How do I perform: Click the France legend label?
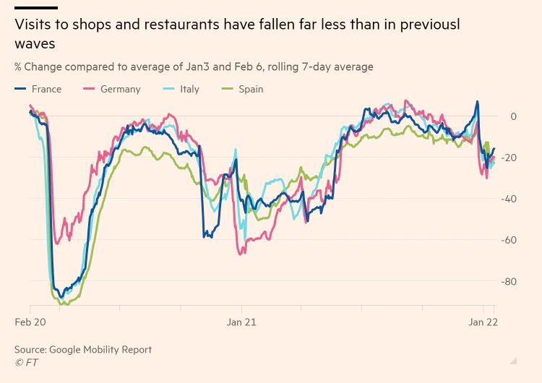(46, 90)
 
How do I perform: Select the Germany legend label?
(120, 90)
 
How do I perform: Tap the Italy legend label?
(189, 90)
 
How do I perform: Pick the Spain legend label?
(251, 90)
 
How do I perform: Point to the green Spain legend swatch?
(227, 90)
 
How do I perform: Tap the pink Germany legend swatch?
(90, 90)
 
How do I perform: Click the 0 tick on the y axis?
(513, 116)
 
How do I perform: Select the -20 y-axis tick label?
(509, 158)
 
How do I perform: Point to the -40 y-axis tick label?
(509, 199)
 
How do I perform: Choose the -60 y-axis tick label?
(509, 240)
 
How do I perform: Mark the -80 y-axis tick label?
(509, 281)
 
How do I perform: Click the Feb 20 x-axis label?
(30, 322)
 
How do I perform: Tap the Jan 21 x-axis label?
(241, 322)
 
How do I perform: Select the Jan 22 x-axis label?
(483, 322)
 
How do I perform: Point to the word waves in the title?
(35, 43)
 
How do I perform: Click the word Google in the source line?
(76, 350)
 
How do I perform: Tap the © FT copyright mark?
(27, 362)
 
